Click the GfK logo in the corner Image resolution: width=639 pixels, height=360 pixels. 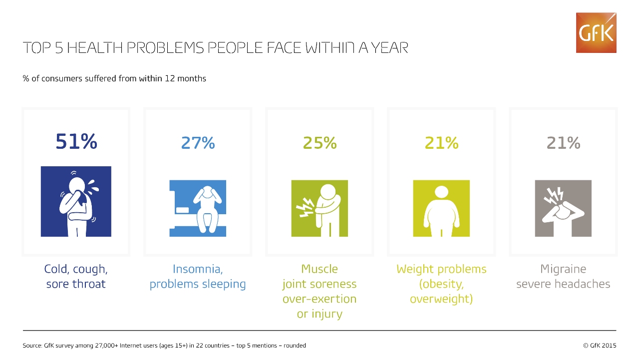tap(596, 32)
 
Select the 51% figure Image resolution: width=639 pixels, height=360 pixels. tap(76, 141)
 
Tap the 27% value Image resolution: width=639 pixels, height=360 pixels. tap(198, 143)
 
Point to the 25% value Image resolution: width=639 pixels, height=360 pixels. tap(319, 143)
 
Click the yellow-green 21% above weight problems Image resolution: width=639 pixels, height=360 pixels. tap(441, 143)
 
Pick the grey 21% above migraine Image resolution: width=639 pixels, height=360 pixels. tap(563, 143)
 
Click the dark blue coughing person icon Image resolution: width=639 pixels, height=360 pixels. tap(76, 201)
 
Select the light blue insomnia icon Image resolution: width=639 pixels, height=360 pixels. tap(198, 208)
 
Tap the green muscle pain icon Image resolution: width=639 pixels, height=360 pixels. tap(319, 208)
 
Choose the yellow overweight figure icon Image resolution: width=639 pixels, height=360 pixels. tap(441, 208)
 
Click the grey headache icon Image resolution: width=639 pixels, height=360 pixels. tap(563, 208)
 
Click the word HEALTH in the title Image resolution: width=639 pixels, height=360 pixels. tap(95, 47)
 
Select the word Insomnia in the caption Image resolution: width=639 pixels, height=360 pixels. tap(198, 269)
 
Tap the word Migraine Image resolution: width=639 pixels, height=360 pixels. tap(563, 269)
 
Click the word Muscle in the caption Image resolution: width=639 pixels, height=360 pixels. tap(319, 269)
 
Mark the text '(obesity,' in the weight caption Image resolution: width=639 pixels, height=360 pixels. tap(441, 284)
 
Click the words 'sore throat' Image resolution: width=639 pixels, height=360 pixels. tap(76, 284)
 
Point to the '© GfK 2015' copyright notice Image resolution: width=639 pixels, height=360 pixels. tap(600, 346)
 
